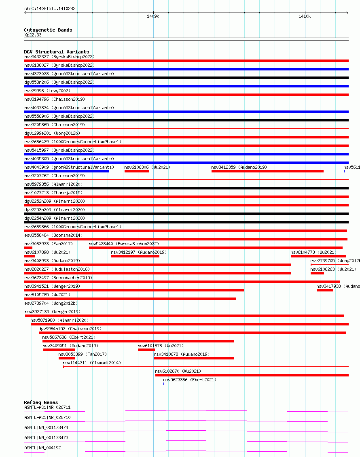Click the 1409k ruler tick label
pyautogui.click(x=153, y=17)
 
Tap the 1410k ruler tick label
pyautogui.click(x=305, y=17)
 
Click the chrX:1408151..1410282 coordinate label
pyautogui.click(x=50, y=9)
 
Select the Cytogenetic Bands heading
pyautogui.click(x=48, y=30)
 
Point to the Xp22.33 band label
pyautogui.click(x=33, y=35)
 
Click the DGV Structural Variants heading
pyautogui.click(x=56, y=52)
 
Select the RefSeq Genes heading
pyautogui.click(x=41, y=402)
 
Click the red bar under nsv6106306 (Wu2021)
pyautogui.click(x=137, y=171)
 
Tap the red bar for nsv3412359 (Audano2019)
pyautogui.click(x=267, y=171)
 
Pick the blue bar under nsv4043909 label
pyautogui.click(x=66, y=171)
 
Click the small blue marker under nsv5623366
pyautogui.click(x=163, y=384)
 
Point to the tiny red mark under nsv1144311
pyautogui.click(x=64, y=367)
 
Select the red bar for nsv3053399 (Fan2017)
pyautogui.click(x=67, y=358)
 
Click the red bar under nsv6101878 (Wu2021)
pyautogui.click(x=146, y=350)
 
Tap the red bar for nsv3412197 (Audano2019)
pyautogui.click(x=135, y=256)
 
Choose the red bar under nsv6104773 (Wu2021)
pyautogui.click(x=318, y=256)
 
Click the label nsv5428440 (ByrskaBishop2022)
pyautogui.click(x=124, y=244)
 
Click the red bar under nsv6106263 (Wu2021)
pyautogui.click(x=317, y=273)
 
